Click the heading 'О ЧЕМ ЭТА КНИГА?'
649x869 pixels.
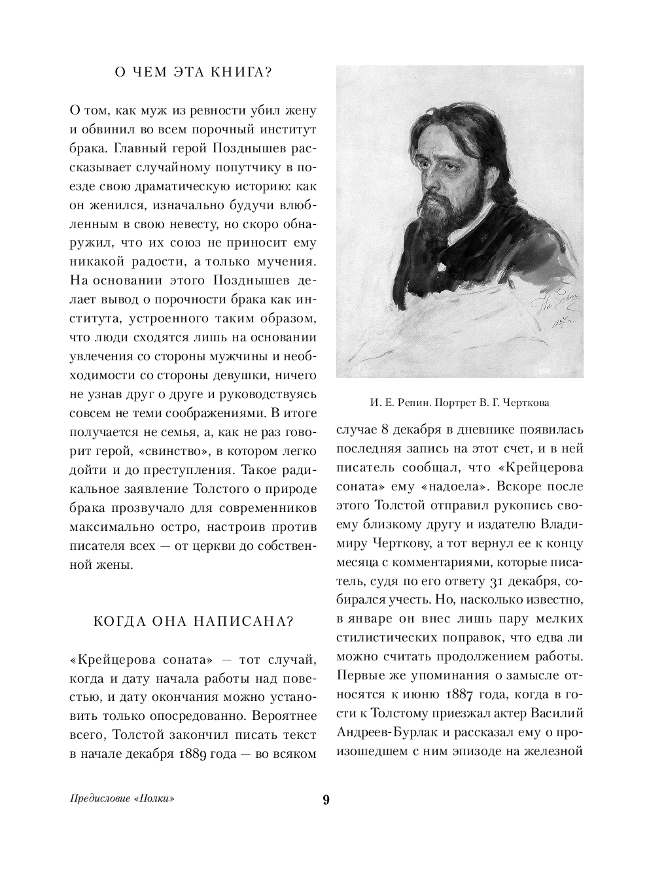[193, 73]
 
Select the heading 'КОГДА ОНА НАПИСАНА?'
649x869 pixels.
[193, 621]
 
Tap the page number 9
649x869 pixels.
[326, 800]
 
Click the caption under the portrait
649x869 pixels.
[459, 402]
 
